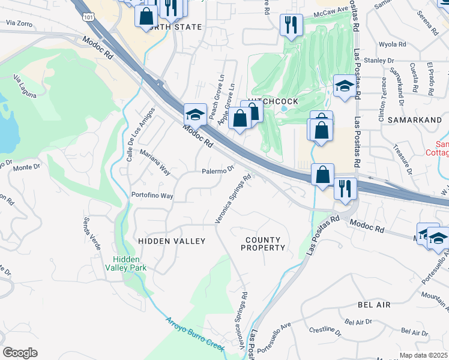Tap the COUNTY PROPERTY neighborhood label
click(x=264, y=244)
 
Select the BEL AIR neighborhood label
click(x=374, y=305)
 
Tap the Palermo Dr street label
click(x=217, y=171)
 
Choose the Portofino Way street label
click(x=152, y=196)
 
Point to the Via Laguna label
click(x=25, y=86)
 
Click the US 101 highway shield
click(x=89, y=18)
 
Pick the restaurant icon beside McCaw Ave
click(x=291, y=25)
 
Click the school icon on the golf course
click(x=345, y=86)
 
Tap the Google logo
click(x=20, y=353)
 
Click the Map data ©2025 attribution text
click(x=423, y=355)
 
